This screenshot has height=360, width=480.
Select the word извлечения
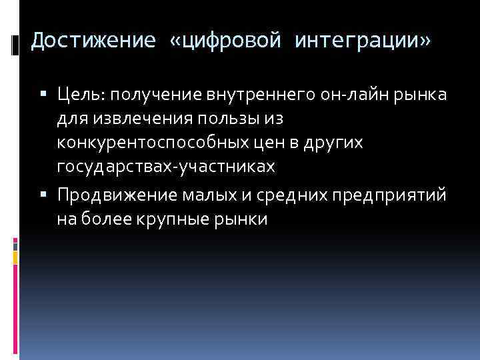pos(136,119)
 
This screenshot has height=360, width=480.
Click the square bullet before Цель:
pos(43,97)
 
